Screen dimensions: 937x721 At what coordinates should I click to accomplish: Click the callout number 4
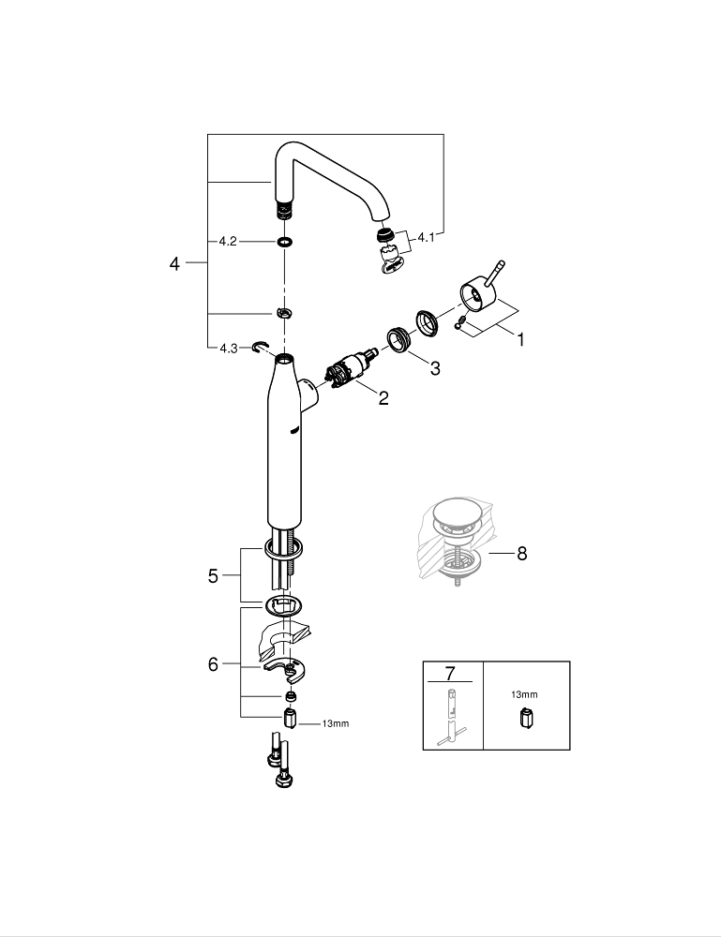[174, 264]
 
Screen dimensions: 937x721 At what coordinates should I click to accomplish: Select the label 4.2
[227, 241]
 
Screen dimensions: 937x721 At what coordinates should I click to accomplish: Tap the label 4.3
[228, 349]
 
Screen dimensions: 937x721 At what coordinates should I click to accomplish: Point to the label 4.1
[427, 238]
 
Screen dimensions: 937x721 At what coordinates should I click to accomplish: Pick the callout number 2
[383, 398]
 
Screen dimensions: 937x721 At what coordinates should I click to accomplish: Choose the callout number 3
[435, 369]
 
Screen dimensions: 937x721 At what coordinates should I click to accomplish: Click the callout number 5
[213, 576]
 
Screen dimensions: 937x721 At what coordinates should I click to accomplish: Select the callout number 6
[213, 664]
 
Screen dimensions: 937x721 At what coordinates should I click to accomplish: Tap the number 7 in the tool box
[449, 674]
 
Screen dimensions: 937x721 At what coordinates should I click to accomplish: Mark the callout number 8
[521, 554]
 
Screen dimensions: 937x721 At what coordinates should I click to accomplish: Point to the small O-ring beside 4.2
[283, 242]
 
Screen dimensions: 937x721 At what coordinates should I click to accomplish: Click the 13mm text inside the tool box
[524, 695]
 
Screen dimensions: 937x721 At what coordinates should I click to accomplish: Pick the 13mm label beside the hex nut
[336, 723]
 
